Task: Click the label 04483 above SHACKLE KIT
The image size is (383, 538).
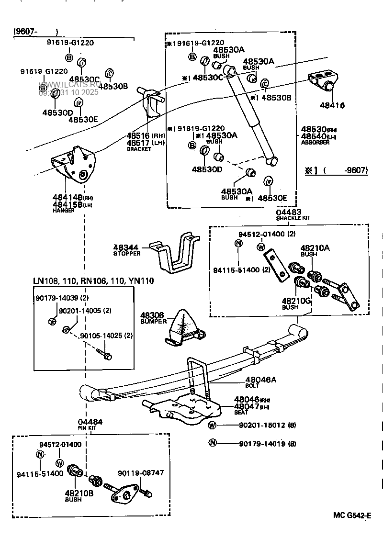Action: point(288,212)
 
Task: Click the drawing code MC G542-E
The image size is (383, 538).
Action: point(352,516)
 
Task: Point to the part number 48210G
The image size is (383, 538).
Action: point(296,300)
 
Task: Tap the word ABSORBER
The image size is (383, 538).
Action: point(315,143)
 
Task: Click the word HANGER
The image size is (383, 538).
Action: point(63,211)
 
